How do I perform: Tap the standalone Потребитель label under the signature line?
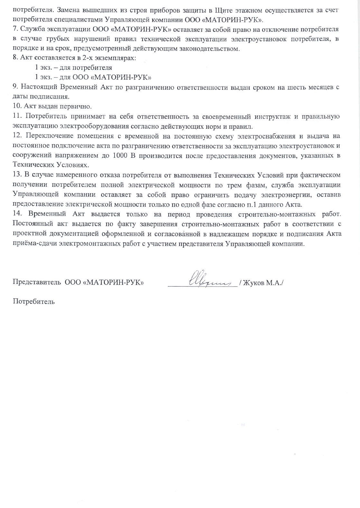coord(33,302)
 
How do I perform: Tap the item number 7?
coord(15,29)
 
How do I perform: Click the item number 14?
coord(17,214)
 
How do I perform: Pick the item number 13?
coord(17,175)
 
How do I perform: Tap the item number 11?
coord(16,116)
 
